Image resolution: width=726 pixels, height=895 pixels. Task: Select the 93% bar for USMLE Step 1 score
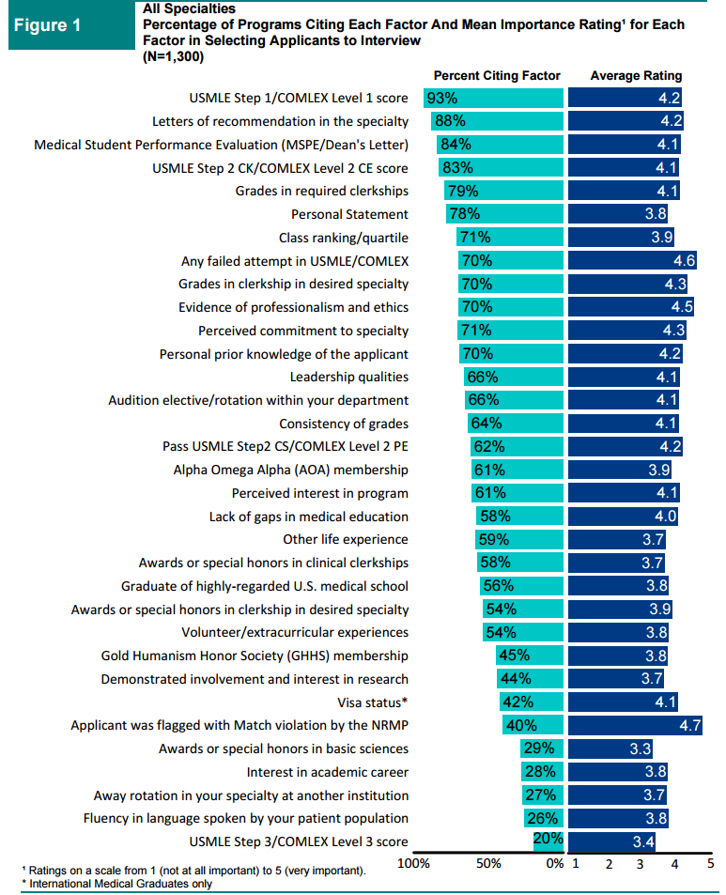point(494,98)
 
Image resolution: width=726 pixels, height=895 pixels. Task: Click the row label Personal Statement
point(349,214)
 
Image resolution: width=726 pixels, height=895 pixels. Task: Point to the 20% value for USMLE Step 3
point(548,839)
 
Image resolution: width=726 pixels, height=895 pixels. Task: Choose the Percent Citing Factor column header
point(496,75)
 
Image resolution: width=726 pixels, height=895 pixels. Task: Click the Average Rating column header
point(636,75)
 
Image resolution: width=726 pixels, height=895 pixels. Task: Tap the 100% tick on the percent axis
point(414,863)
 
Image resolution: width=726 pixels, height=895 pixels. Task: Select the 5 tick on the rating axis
point(710,863)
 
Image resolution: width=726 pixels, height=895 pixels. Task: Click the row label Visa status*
point(373,702)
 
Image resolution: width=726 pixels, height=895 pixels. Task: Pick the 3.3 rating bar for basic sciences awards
point(611,748)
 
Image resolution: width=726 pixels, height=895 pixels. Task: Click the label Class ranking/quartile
point(344,238)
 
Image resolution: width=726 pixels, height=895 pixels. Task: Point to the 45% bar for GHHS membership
point(530,656)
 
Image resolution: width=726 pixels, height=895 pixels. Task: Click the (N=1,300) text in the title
point(174,56)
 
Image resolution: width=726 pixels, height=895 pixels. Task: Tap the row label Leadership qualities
point(348,377)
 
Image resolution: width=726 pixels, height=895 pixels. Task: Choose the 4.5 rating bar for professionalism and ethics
point(631,307)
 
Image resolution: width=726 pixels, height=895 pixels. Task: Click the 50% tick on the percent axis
point(488,863)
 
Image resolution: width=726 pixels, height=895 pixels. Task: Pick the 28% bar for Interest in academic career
point(543,772)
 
